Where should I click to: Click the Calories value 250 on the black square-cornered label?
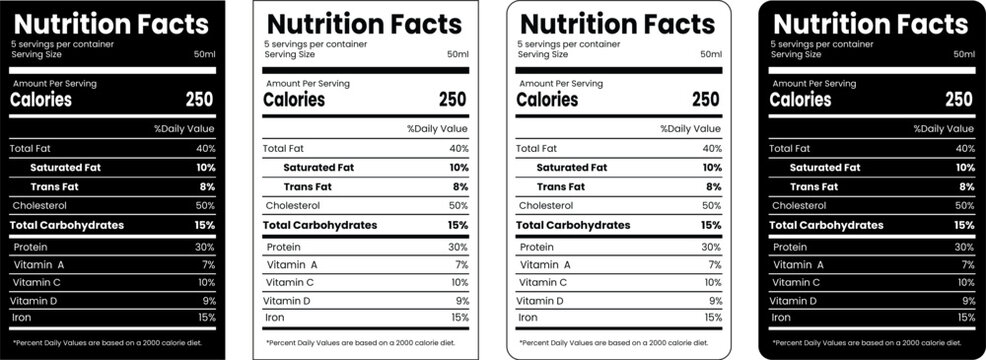pyautogui.click(x=200, y=99)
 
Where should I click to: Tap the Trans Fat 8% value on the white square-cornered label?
pyautogui.click(x=460, y=186)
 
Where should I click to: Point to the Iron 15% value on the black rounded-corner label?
pyautogui.click(x=964, y=317)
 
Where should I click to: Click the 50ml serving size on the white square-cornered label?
pyautogui.click(x=458, y=54)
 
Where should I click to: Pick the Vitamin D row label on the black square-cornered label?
pyautogui.click(x=33, y=300)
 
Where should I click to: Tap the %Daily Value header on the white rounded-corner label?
pyautogui.click(x=690, y=129)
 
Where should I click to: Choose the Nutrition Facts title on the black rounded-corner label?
pyautogui.click(x=870, y=23)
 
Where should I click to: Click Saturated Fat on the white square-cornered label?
pyautogui.click(x=318, y=167)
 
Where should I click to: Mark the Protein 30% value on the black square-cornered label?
pyautogui.click(x=205, y=246)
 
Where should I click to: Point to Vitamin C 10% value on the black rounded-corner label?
pyautogui.click(x=964, y=282)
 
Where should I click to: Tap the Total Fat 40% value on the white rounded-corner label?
pyautogui.click(x=712, y=148)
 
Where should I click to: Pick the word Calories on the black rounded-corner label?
pyautogui.click(x=800, y=99)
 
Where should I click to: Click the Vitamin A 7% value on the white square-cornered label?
pyautogui.click(x=461, y=264)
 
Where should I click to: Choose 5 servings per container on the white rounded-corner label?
pyautogui.click(x=567, y=45)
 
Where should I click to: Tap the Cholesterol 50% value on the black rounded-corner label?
pyautogui.click(x=964, y=205)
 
